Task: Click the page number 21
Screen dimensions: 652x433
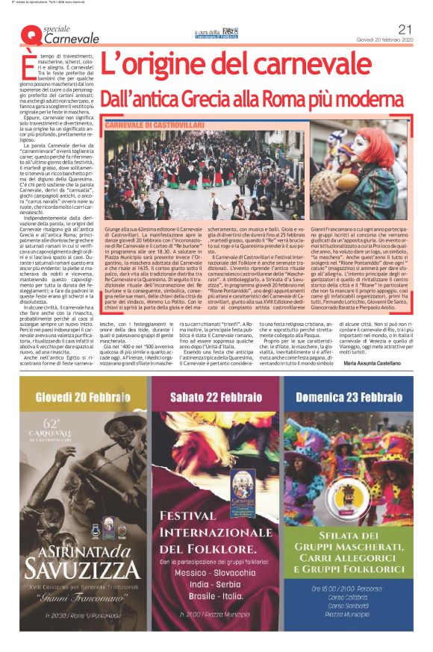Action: (406, 28)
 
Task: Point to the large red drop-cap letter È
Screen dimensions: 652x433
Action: (29, 64)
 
